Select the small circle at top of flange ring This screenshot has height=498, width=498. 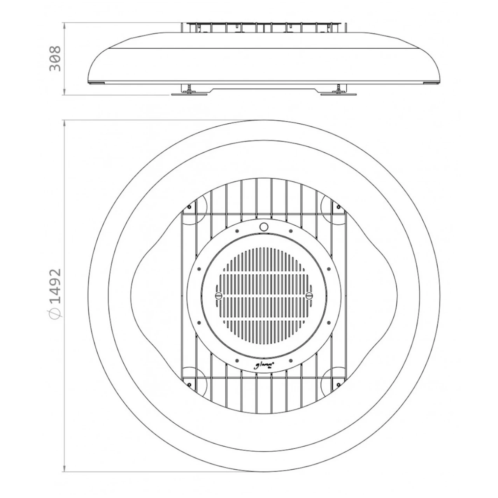click(x=264, y=226)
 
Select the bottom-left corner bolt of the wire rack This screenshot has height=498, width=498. click(x=189, y=384)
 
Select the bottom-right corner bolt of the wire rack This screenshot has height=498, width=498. click(x=337, y=384)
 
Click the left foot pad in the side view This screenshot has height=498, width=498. click(x=189, y=93)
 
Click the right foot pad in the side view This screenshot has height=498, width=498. click(x=338, y=93)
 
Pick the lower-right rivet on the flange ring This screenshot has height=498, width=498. click(x=329, y=322)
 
